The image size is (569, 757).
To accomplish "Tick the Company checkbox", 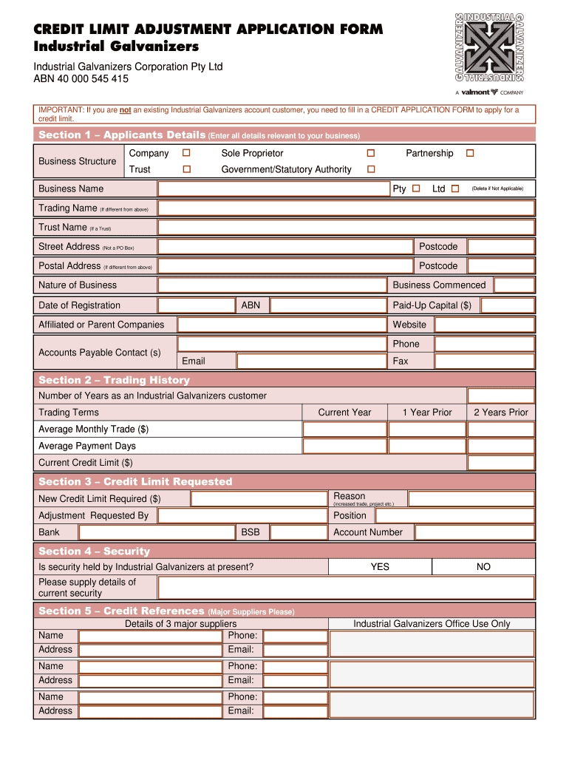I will (x=187, y=153).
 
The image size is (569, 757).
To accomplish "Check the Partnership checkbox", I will (x=469, y=153).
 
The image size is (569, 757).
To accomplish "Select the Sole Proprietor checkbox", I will (x=371, y=153).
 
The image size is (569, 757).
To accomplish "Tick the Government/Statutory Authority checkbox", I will (x=371, y=169).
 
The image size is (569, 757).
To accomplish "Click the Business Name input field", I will (x=273, y=189).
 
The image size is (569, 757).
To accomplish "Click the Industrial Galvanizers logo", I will (x=489, y=47).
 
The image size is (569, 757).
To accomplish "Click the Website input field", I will (x=483, y=325).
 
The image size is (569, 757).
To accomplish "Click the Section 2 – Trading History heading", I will (x=114, y=380).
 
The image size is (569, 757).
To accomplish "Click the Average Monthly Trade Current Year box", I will (x=344, y=430).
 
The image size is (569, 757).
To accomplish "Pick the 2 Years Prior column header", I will (x=500, y=413).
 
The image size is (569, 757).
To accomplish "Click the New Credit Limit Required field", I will (x=259, y=499).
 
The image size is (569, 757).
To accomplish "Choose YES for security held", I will (x=380, y=567).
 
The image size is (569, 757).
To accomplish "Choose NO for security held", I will (x=483, y=567).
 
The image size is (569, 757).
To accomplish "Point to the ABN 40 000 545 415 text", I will (x=81, y=79).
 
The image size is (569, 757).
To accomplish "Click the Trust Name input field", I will (x=345, y=227).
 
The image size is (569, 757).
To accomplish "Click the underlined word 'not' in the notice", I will (x=125, y=110).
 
